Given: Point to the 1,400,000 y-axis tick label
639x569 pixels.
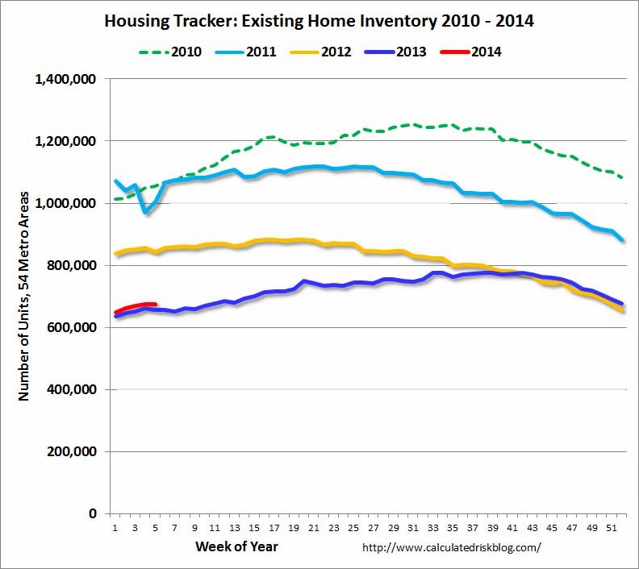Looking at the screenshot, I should click(x=69, y=80).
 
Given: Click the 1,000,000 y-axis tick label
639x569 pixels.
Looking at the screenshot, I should click(x=69, y=204).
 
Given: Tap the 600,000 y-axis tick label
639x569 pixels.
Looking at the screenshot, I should click(x=75, y=328).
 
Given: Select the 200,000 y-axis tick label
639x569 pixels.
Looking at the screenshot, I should click(x=75, y=452).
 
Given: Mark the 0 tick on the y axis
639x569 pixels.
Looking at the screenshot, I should click(x=93, y=514).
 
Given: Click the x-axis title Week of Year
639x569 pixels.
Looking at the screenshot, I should click(x=237, y=547).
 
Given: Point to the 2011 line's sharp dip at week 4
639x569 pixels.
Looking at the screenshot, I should click(x=145, y=211).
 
